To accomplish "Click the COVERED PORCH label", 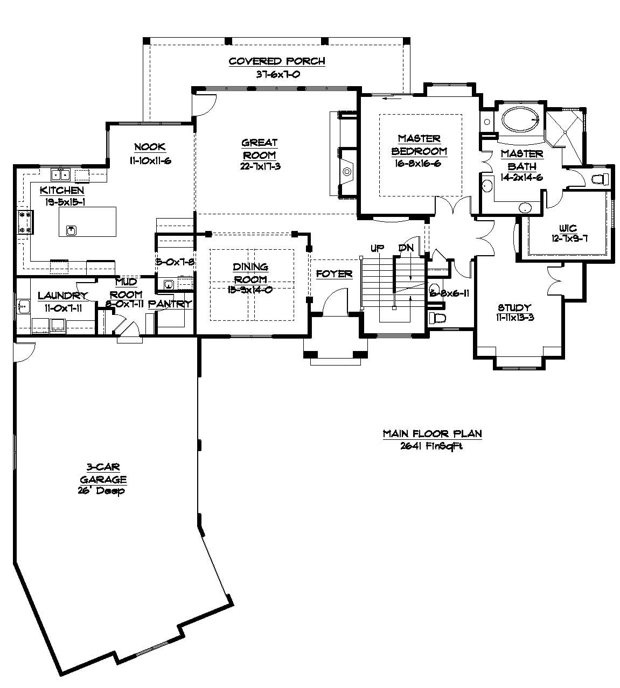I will (277, 61).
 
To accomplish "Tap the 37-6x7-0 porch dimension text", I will (277, 74).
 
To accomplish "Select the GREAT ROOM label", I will (260, 149).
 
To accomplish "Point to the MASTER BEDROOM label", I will (419, 145).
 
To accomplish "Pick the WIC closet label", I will (567, 229).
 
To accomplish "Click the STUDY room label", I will (514, 307).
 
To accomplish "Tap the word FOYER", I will (334, 274).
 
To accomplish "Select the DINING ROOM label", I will (250, 273).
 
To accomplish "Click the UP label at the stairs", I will (377, 248).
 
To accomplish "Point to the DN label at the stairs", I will (405, 248).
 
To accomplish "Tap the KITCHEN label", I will (62, 190).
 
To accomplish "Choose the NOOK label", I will (150, 146).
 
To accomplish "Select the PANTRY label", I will (170, 304).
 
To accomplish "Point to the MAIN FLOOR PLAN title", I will (432, 433).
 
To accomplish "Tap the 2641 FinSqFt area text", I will (432, 446).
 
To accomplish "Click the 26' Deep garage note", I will (101, 490).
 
